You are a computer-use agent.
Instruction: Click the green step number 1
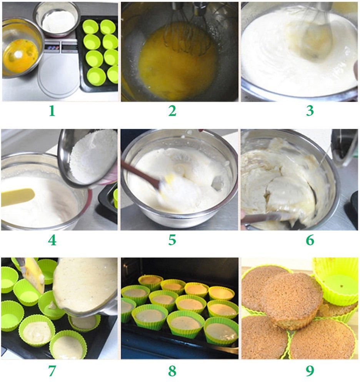coord(52,111)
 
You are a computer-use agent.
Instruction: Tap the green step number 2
coord(172,111)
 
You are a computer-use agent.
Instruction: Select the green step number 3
coord(310,111)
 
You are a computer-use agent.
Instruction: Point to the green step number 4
coord(52,240)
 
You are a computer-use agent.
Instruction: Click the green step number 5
coord(172,240)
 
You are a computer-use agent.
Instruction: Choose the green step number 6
coord(310,240)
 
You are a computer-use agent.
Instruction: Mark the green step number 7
coord(52,371)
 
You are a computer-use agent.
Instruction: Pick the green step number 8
coord(172,371)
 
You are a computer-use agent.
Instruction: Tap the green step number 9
coord(310,371)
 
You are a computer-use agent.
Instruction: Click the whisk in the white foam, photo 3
coord(317,37)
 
